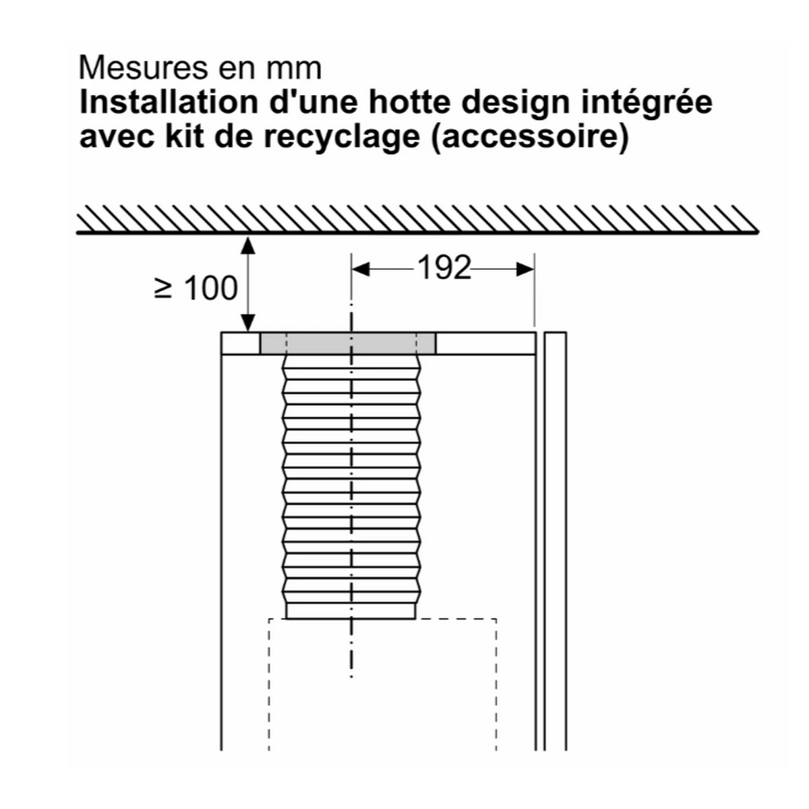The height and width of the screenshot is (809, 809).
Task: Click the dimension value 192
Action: tap(444, 268)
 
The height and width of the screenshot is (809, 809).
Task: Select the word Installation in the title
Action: tap(169, 102)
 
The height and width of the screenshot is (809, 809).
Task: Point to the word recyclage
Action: tap(342, 138)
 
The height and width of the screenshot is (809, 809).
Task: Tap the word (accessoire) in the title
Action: tap(531, 138)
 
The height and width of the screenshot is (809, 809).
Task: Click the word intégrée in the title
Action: tap(647, 104)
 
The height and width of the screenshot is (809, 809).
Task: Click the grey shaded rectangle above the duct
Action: tap(348, 343)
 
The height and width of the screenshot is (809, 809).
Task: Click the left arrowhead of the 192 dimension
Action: tap(360, 269)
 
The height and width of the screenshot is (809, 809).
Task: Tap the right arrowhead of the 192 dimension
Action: tap(525, 269)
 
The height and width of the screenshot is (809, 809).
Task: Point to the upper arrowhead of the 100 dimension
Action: tap(249, 246)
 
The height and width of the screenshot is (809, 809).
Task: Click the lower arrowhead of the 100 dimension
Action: tap(249, 323)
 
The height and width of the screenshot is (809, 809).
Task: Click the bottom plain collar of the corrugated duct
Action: tap(351, 611)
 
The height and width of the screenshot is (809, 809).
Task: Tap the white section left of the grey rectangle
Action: tap(240, 343)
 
